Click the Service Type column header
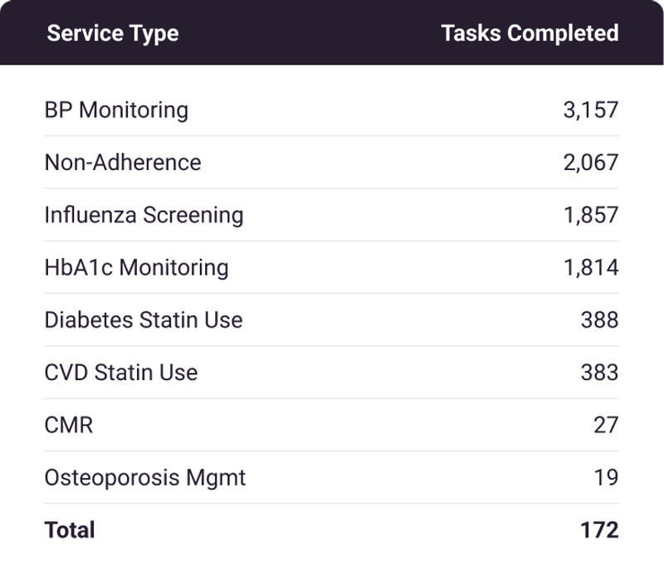[112, 33]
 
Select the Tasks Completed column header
[530, 33]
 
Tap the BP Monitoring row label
[116, 110]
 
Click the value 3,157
[590, 110]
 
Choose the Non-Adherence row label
[123, 162]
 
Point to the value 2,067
[590, 162]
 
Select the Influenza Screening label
[144, 215]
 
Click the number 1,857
[590, 215]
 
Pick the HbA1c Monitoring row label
[136, 267]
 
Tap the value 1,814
[590, 267]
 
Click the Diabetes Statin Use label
[144, 320]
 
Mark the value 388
[599, 320]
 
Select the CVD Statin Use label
[121, 372]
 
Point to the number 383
[599, 372]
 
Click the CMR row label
[68, 425]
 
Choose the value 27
[606, 425]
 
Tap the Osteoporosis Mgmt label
[145, 478]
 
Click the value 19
[606, 478]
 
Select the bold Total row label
[70, 530]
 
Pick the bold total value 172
[599, 530]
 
